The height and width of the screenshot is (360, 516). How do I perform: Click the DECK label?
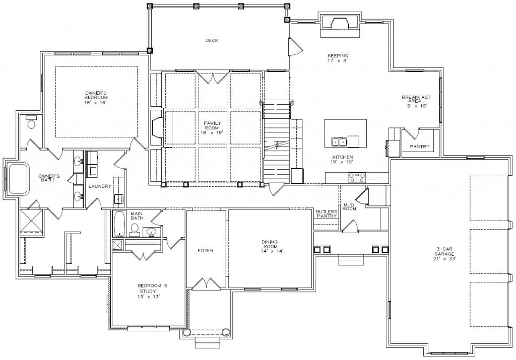(x=212, y=41)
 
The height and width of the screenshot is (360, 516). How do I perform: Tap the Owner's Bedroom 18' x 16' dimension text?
(x=96, y=103)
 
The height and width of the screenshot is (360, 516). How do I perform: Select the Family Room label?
(x=213, y=125)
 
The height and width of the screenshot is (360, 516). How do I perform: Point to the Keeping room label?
(x=338, y=56)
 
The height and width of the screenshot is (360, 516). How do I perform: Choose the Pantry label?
(x=420, y=147)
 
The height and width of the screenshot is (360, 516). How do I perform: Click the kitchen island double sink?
(x=339, y=141)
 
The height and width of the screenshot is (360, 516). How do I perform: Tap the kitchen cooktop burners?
(x=357, y=178)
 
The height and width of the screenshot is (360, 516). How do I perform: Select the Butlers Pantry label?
(x=326, y=213)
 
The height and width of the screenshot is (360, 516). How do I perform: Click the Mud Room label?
(x=349, y=207)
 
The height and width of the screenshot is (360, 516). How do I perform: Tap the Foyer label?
(x=206, y=251)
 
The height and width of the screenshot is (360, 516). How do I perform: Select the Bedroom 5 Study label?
(x=152, y=289)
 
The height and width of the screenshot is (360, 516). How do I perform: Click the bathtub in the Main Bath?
(x=119, y=224)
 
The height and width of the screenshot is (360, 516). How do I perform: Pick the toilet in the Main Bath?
(x=134, y=229)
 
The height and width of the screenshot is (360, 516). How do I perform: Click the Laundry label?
(x=100, y=186)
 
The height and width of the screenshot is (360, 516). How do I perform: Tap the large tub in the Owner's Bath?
(x=19, y=179)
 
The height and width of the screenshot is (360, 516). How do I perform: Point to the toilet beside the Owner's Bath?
(x=31, y=122)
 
